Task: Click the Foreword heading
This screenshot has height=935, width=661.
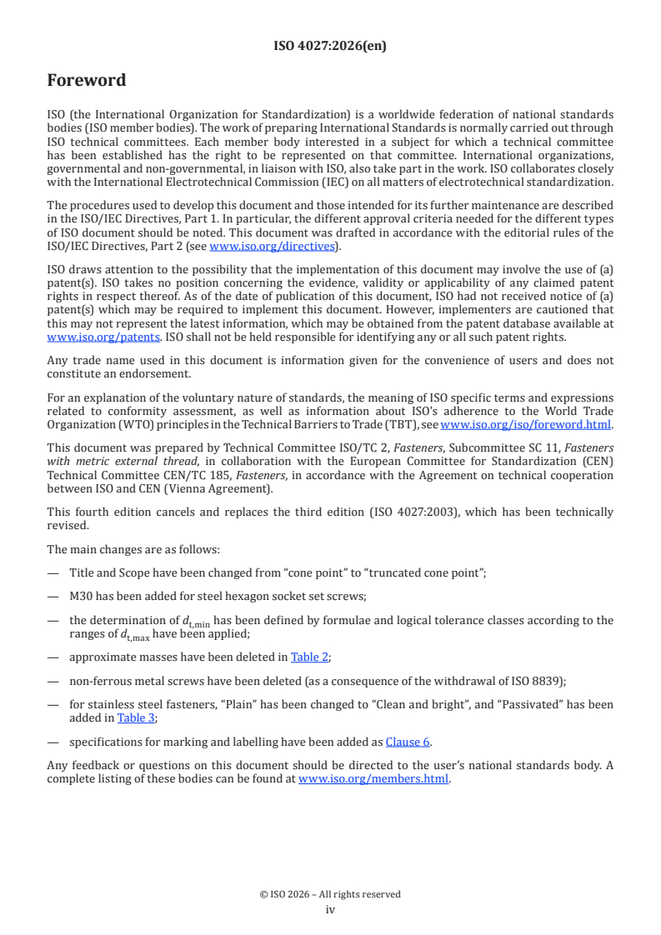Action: (x=87, y=81)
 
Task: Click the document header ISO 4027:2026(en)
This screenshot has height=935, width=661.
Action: (x=330, y=46)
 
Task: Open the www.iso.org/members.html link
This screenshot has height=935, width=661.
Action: (x=373, y=779)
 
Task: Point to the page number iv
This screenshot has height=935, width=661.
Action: (x=330, y=909)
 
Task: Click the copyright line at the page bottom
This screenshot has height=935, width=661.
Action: (x=330, y=894)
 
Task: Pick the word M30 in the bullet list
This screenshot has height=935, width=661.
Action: (x=84, y=597)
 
